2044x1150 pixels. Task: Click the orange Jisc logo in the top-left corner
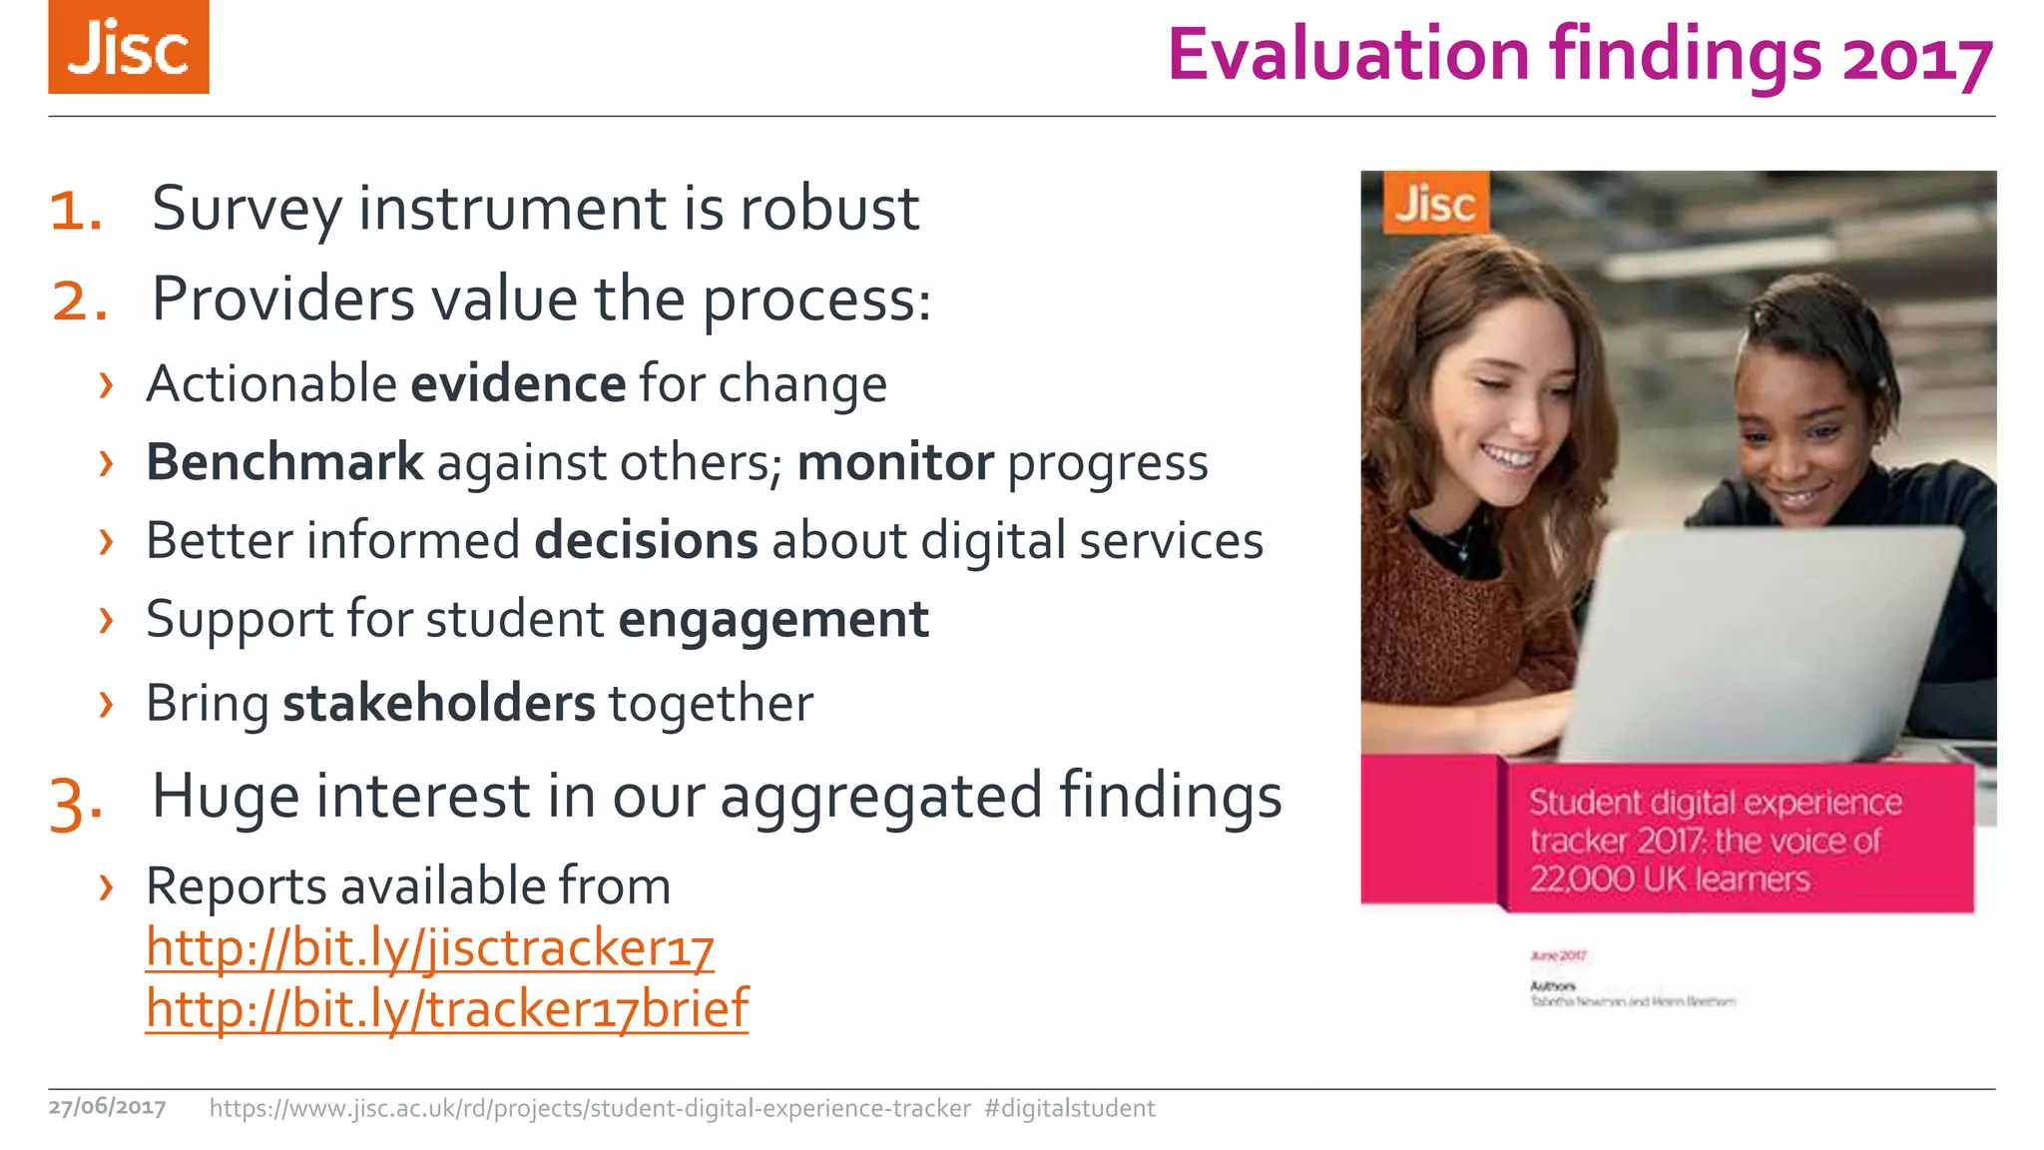[129, 47]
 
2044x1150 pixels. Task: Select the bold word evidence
[518, 384]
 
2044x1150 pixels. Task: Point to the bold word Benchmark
[284, 462]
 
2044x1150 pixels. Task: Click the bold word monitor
[895, 462]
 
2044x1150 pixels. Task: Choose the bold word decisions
[646, 541]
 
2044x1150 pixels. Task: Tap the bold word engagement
[773, 620]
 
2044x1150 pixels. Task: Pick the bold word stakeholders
[438, 703]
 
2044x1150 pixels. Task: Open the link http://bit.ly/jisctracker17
[429, 947]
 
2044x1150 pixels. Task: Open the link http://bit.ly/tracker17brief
[446, 1008]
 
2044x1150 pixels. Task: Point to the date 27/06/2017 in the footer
[107, 1107]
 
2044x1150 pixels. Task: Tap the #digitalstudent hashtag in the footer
[1069, 1108]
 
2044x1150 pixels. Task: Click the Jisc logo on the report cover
[1435, 204]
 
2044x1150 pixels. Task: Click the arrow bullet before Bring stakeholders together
[106, 704]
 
